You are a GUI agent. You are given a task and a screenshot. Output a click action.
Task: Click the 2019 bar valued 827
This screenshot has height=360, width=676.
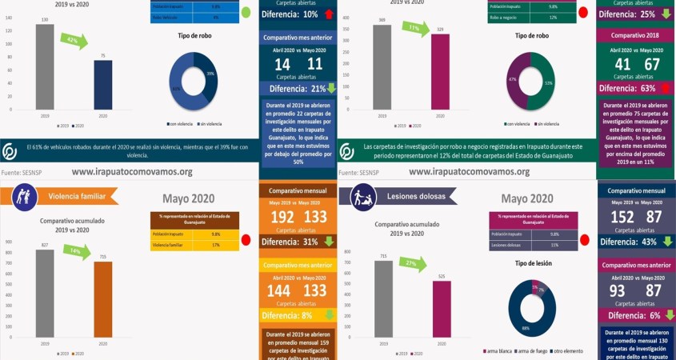pyautogui.click(x=46, y=297)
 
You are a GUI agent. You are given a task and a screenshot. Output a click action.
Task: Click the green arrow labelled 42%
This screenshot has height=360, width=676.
pyautogui.click(x=74, y=41)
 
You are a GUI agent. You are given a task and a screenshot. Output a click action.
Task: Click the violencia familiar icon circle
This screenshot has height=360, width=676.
pyautogui.click(x=22, y=196)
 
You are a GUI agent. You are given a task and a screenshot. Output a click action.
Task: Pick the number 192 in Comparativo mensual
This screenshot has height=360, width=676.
pyautogui.click(x=282, y=217)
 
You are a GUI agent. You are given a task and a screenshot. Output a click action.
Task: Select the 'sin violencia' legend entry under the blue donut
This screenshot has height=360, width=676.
pyautogui.click(x=210, y=123)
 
